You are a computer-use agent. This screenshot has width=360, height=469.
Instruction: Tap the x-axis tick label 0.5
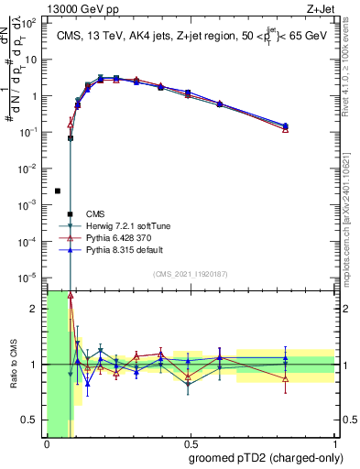[191, 443]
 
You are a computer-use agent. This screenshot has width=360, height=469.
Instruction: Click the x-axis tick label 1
[335, 443]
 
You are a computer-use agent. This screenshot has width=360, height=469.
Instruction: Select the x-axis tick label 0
[47, 443]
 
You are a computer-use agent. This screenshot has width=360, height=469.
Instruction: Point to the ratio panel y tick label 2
[35, 309]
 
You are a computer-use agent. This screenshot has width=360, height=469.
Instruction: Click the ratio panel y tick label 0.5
[30, 420]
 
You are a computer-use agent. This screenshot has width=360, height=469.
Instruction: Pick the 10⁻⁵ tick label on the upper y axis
[30, 277]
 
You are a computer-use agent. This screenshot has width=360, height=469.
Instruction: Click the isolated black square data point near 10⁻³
[58, 191]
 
